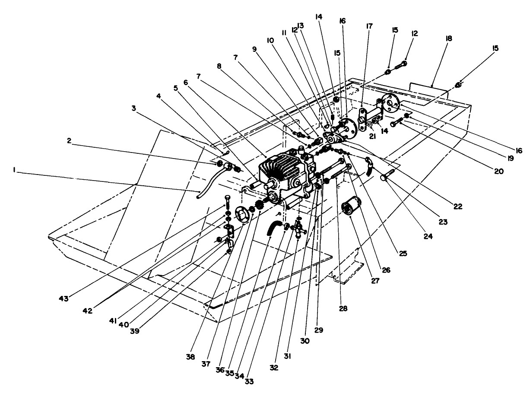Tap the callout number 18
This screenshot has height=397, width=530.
449,38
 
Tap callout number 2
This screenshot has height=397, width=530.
69,140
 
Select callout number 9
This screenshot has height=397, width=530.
254,49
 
